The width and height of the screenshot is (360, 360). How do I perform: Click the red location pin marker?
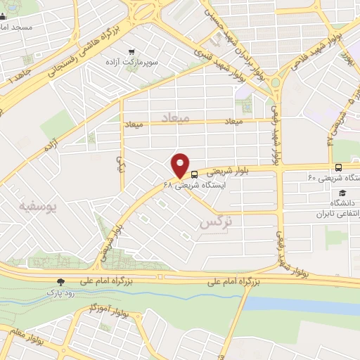(x=181, y=165)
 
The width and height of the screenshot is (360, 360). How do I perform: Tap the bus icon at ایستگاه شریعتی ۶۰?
(x=339, y=167)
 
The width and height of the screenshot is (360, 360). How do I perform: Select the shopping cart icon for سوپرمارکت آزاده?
(x=131, y=51)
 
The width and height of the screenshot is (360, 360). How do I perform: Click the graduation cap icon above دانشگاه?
(x=342, y=193)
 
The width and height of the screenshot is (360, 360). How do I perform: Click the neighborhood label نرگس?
(x=215, y=221)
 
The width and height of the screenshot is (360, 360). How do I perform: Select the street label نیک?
(x=120, y=163)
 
